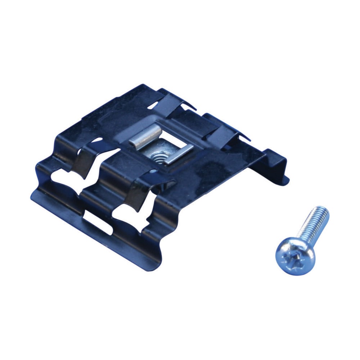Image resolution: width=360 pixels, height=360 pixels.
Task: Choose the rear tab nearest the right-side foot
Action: coord(230,130)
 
